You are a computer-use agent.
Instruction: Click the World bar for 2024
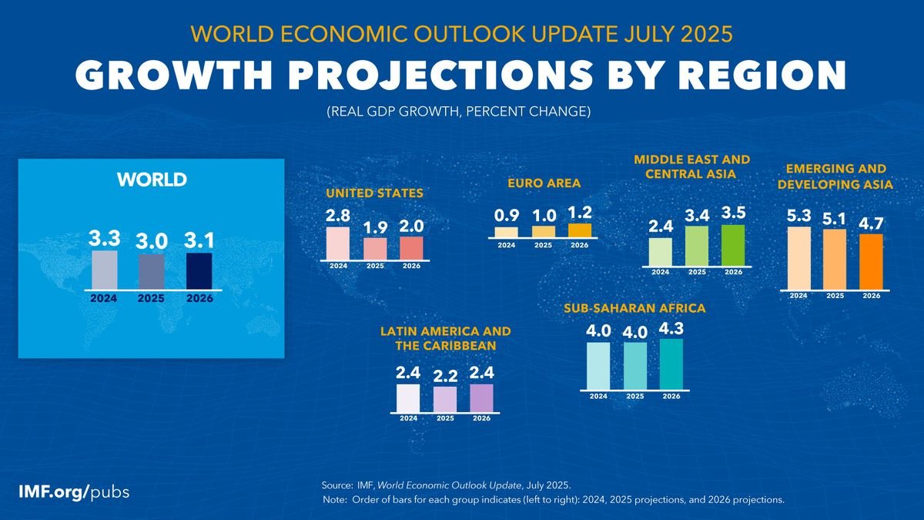105,269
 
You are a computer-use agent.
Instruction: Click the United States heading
374,193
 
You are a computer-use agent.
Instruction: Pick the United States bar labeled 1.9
375,248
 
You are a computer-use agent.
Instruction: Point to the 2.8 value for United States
338,214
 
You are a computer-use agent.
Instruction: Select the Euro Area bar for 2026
580,230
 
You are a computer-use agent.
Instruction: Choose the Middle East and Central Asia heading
691,166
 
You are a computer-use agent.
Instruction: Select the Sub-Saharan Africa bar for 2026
671,364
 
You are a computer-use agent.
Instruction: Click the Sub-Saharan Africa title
634,308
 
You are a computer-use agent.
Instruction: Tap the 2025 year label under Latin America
445,418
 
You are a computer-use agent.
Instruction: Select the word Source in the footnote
336,485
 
